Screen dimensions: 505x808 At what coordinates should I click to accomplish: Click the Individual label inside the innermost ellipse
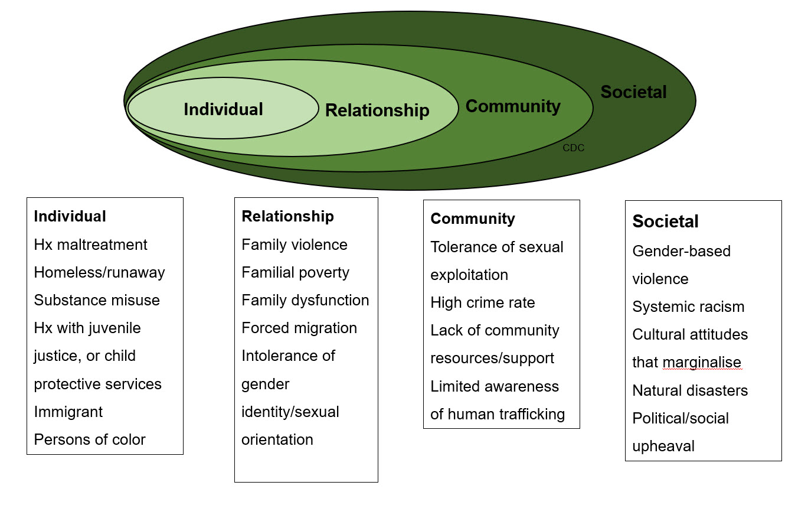tap(223, 109)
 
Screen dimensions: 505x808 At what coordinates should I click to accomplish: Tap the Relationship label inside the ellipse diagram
tap(377, 110)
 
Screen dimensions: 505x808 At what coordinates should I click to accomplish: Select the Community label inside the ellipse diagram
tap(513, 106)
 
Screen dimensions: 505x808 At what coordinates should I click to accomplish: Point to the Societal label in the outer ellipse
tap(633, 92)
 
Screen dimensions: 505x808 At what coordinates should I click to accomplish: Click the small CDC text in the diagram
tap(573, 148)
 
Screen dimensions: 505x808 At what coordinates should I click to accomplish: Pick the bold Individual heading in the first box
tap(70, 216)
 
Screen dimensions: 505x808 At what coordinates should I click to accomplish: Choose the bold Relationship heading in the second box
tap(287, 216)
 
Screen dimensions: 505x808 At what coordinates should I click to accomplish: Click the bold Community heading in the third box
tap(472, 219)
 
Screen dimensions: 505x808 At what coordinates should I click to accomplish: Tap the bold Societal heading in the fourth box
tap(665, 221)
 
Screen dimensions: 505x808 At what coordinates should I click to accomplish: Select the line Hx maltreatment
tap(90, 245)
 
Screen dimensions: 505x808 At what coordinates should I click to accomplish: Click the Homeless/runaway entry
tap(99, 272)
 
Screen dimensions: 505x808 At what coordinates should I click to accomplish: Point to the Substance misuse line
tap(97, 300)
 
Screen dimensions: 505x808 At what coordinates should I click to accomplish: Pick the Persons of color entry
tap(90, 439)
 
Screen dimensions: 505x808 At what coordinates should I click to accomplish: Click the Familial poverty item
tap(295, 272)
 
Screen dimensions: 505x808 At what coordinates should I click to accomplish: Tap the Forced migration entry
tap(299, 328)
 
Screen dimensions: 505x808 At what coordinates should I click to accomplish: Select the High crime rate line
tap(482, 303)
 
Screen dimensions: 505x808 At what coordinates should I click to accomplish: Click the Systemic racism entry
tap(688, 307)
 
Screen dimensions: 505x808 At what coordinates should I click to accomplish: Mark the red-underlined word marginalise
tap(702, 363)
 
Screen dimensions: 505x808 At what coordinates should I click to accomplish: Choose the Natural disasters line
tap(690, 390)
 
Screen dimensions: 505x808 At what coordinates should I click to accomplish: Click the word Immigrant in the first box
tap(68, 412)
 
